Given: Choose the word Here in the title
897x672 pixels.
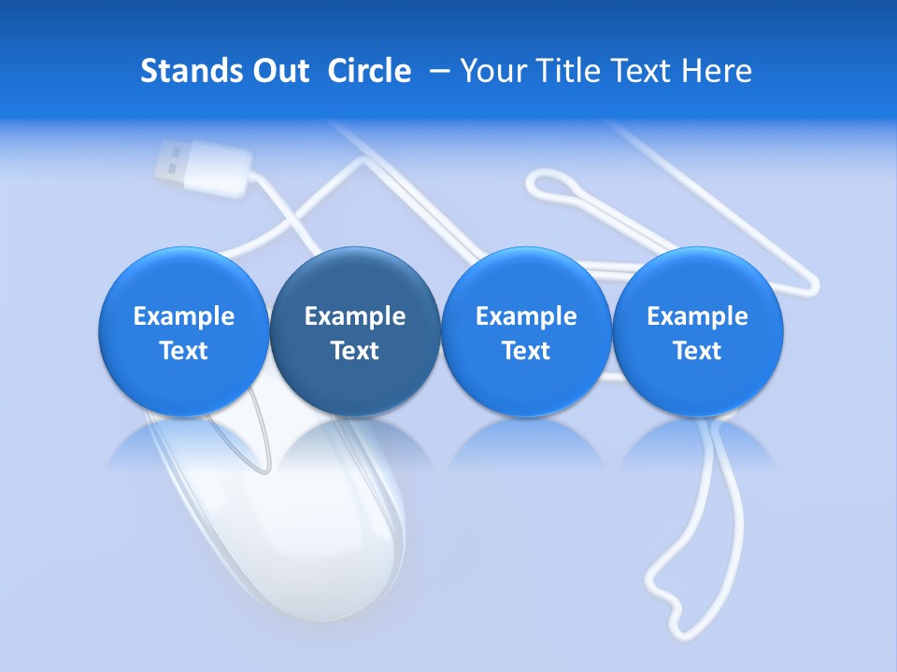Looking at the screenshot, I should coord(718,71).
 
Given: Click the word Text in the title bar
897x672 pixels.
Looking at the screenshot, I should coord(641,71).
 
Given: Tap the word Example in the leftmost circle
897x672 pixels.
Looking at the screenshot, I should coord(184,316).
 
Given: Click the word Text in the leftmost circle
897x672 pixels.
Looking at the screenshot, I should coord(184,351).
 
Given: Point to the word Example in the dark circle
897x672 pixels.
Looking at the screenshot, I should coord(355,316).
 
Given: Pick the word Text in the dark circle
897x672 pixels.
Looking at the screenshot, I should coord(355,351).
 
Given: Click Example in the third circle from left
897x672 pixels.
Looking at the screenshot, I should coord(526,316).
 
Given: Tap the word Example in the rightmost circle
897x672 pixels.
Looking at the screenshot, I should coord(697,316).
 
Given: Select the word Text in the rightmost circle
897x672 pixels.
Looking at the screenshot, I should coord(697,351).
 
